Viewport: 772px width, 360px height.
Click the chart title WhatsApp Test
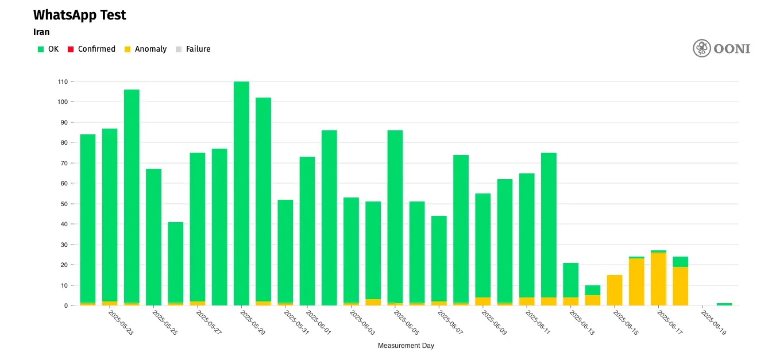[80, 16]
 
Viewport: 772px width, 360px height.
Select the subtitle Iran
[41, 32]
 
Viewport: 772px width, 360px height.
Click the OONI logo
[721, 48]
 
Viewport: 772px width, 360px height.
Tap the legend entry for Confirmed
[96, 49]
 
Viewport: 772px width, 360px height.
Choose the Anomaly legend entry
[150, 49]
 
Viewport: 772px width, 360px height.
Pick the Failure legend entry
[198, 49]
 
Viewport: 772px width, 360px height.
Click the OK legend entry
[53, 49]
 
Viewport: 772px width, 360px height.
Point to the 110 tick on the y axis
[63, 82]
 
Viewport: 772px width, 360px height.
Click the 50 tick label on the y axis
[64, 204]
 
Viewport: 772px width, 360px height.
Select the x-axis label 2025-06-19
[714, 324]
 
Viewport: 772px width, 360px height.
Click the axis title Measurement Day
[406, 346]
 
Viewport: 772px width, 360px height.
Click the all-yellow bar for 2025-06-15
[615, 291]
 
